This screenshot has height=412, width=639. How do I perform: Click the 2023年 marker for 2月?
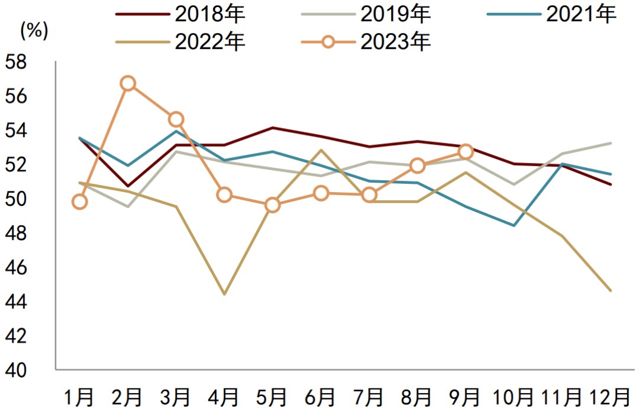click(128, 83)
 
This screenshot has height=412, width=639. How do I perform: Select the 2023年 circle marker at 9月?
click(466, 152)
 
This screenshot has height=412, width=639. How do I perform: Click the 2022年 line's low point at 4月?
click(225, 294)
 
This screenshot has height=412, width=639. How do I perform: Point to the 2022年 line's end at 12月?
click(611, 290)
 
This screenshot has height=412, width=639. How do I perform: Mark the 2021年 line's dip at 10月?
click(514, 225)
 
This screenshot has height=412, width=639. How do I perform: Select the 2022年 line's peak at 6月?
click(321, 150)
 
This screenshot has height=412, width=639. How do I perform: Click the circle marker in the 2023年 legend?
click(328, 42)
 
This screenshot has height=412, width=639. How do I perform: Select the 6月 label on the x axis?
click(320, 397)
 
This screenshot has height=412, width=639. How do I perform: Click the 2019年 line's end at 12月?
click(611, 143)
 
